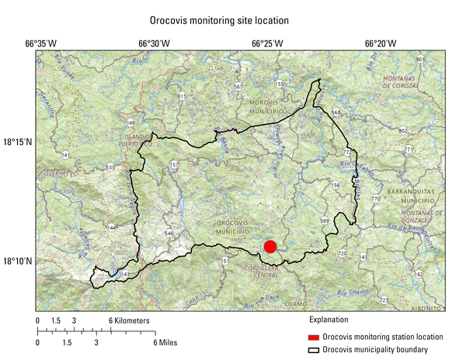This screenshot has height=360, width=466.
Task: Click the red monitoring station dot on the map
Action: tap(270, 247)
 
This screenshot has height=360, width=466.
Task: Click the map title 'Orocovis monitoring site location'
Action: tap(219, 19)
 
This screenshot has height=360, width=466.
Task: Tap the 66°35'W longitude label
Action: tap(41, 43)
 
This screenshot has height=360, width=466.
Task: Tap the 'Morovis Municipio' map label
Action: tap(268, 107)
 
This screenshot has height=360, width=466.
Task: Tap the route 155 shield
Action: tap(280, 84)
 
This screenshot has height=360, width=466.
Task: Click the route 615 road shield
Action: tap(182, 96)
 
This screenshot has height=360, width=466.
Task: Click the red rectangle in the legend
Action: tap(314, 337)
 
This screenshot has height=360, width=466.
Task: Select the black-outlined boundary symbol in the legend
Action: tap(314, 350)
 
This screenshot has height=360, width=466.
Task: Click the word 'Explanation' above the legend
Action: tap(329, 320)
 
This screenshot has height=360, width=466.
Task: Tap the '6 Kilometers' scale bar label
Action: tap(129, 320)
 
